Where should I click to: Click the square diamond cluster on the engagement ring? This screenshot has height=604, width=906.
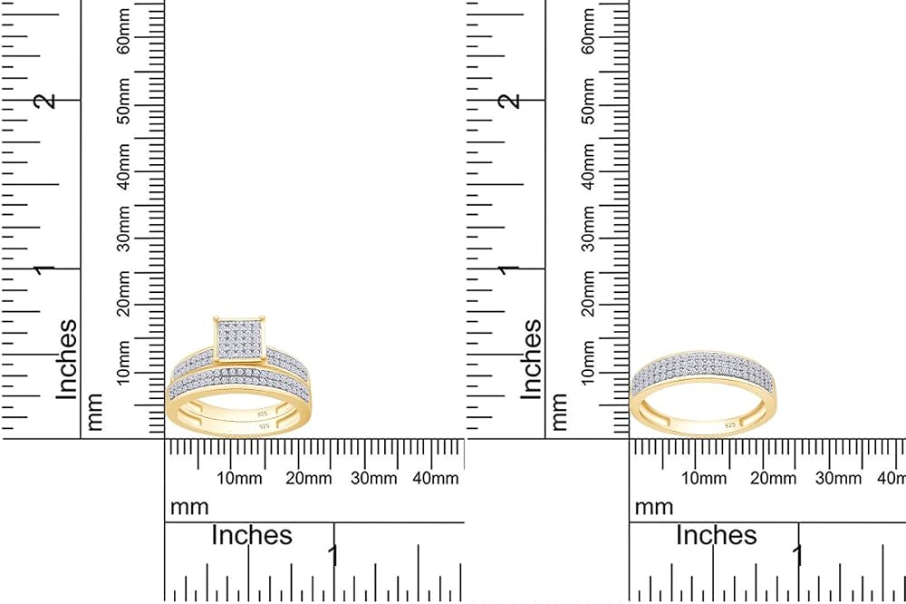240,338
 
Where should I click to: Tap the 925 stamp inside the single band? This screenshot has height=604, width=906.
730,425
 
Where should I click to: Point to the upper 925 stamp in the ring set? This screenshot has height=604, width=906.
263,414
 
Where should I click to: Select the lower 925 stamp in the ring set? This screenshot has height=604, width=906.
264,426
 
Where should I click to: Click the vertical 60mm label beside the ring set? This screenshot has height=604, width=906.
123,32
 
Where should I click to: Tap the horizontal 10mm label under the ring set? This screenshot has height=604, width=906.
239,479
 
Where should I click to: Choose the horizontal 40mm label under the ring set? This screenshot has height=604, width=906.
436,479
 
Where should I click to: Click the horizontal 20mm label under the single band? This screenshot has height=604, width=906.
773,479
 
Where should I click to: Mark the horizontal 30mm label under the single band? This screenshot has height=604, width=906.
838,479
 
